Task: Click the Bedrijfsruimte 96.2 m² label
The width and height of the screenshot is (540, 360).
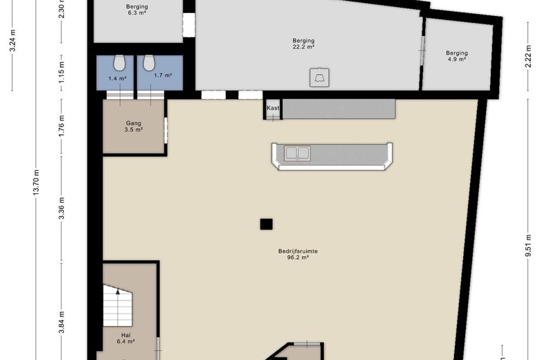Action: (298, 254)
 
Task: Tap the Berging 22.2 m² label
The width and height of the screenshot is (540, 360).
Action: (303, 44)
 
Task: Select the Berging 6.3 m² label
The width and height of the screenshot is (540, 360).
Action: (137, 10)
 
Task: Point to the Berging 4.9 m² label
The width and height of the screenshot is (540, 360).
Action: (457, 56)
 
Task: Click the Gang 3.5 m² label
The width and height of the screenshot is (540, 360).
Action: (134, 127)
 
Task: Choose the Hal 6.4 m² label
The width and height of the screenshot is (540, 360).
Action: (126, 339)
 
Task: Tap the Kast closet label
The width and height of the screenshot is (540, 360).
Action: (273, 108)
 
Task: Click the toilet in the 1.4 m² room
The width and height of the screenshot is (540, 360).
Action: (119, 63)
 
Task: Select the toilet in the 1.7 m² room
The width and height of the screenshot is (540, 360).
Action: (149, 63)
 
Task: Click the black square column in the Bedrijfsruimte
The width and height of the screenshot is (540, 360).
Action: (267, 224)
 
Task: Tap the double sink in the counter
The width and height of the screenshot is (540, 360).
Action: (297, 153)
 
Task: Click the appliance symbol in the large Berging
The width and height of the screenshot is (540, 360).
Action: (319, 78)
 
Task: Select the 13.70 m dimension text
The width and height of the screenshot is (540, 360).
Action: (37, 182)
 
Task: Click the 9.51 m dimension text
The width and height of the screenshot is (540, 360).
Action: (528, 246)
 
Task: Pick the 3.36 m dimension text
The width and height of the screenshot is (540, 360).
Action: (62, 208)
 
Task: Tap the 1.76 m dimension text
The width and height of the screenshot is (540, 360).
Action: (62, 125)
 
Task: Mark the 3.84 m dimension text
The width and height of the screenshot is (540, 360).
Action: (62, 323)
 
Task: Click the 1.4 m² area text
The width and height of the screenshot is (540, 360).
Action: (118, 78)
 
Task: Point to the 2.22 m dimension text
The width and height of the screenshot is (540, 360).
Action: (528, 56)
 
